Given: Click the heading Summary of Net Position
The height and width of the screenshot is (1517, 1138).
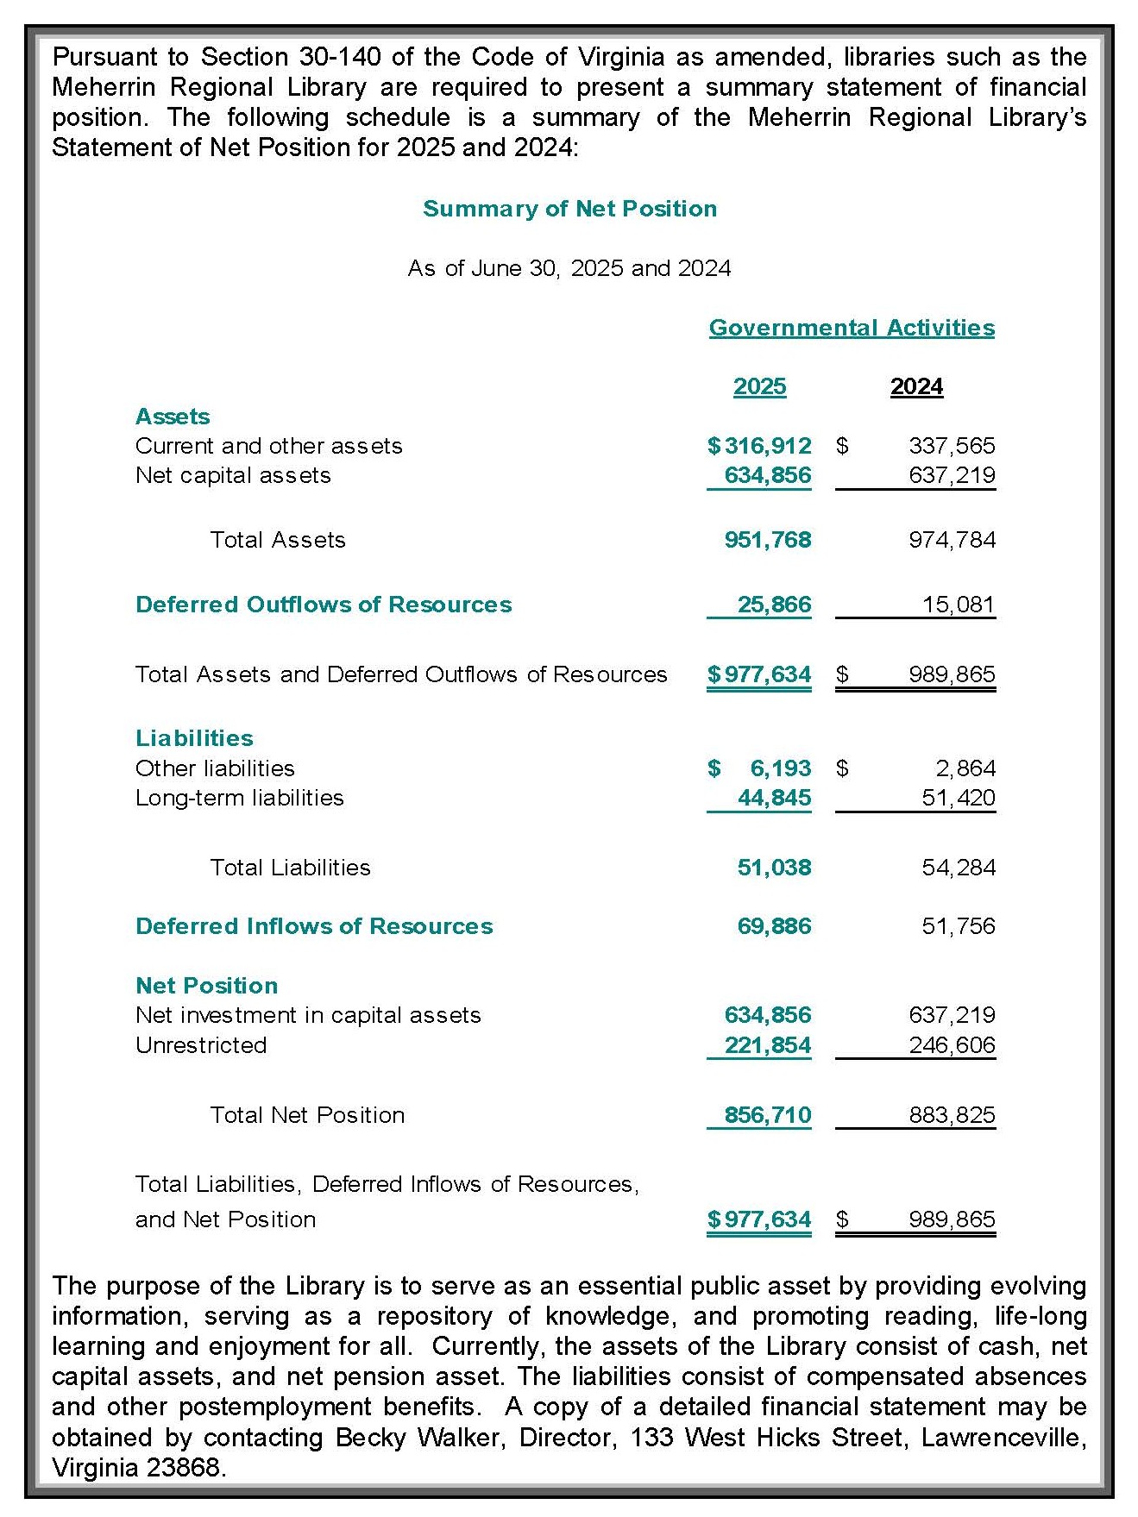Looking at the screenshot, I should click(569, 209).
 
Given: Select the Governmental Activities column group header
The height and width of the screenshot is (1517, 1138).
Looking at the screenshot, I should click(852, 328).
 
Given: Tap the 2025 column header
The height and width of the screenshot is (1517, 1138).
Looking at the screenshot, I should click(759, 386).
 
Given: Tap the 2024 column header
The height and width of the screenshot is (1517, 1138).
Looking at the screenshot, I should click(916, 386).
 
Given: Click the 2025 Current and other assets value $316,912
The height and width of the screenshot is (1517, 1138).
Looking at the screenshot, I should click(759, 446).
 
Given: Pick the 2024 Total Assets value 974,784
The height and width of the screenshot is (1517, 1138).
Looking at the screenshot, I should click(952, 540).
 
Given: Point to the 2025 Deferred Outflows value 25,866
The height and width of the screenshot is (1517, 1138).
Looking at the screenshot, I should click(774, 605).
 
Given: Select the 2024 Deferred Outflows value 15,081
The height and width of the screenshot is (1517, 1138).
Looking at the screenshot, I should click(958, 605).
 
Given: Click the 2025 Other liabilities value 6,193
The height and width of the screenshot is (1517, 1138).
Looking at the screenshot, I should click(780, 768).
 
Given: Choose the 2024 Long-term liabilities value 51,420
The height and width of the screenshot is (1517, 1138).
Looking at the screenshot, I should click(958, 798).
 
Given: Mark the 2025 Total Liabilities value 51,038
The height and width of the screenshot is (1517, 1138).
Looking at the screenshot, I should click(774, 868).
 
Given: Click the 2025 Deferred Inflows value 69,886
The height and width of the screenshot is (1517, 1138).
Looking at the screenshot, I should click(774, 926).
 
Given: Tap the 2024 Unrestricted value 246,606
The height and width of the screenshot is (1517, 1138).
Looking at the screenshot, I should click(952, 1045).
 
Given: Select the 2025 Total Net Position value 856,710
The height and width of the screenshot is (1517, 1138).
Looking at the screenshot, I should click(768, 1115).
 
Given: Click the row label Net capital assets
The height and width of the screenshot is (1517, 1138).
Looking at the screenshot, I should click(233, 475).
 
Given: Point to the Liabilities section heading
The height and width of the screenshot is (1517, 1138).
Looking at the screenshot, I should click(194, 738).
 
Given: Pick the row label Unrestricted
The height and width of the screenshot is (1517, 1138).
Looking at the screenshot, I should click(201, 1045).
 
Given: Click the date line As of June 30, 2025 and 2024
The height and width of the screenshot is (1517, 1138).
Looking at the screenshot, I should click(569, 268).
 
